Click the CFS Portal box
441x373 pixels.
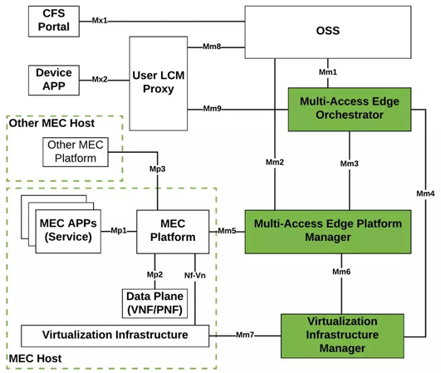54,20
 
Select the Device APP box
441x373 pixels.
54,79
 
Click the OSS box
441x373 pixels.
328,31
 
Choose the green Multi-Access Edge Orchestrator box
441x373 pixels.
349,108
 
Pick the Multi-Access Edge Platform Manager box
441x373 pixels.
327,230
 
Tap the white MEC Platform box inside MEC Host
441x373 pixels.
172,230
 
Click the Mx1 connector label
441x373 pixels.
100,20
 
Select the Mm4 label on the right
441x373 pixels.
424,194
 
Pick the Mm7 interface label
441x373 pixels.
245,335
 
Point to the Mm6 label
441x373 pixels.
341,272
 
